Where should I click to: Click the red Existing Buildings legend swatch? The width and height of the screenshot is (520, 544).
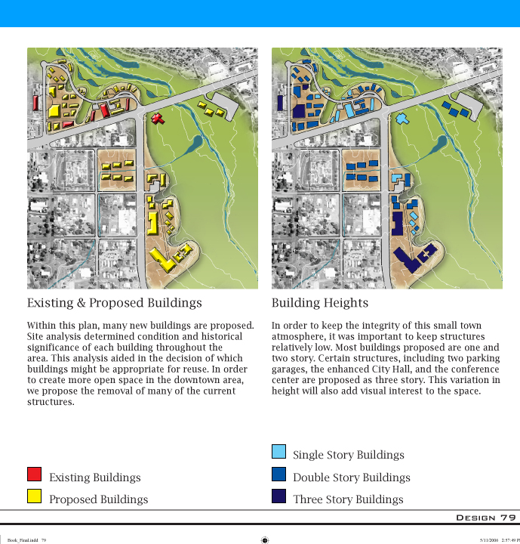click(34, 474)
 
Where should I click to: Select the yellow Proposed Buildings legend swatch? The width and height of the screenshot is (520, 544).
click(34, 496)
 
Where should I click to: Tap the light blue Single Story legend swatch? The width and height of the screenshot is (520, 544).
click(278, 452)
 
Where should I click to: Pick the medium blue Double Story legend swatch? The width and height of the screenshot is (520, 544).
click(278, 474)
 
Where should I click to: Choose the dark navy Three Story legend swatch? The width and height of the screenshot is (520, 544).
click(278, 496)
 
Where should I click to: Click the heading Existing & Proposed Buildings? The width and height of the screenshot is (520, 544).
click(115, 303)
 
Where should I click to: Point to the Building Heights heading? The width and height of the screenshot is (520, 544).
click(319, 303)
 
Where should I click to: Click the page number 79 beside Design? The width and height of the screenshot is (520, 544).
click(508, 518)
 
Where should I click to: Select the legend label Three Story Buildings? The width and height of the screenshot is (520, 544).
click(348, 499)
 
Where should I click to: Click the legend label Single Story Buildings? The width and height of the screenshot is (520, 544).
click(348, 455)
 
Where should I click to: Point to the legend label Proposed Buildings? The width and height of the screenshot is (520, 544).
click(98, 499)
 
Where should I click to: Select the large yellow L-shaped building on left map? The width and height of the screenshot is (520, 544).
click(164, 258)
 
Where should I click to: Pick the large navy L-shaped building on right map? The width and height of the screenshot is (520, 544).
click(411, 258)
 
